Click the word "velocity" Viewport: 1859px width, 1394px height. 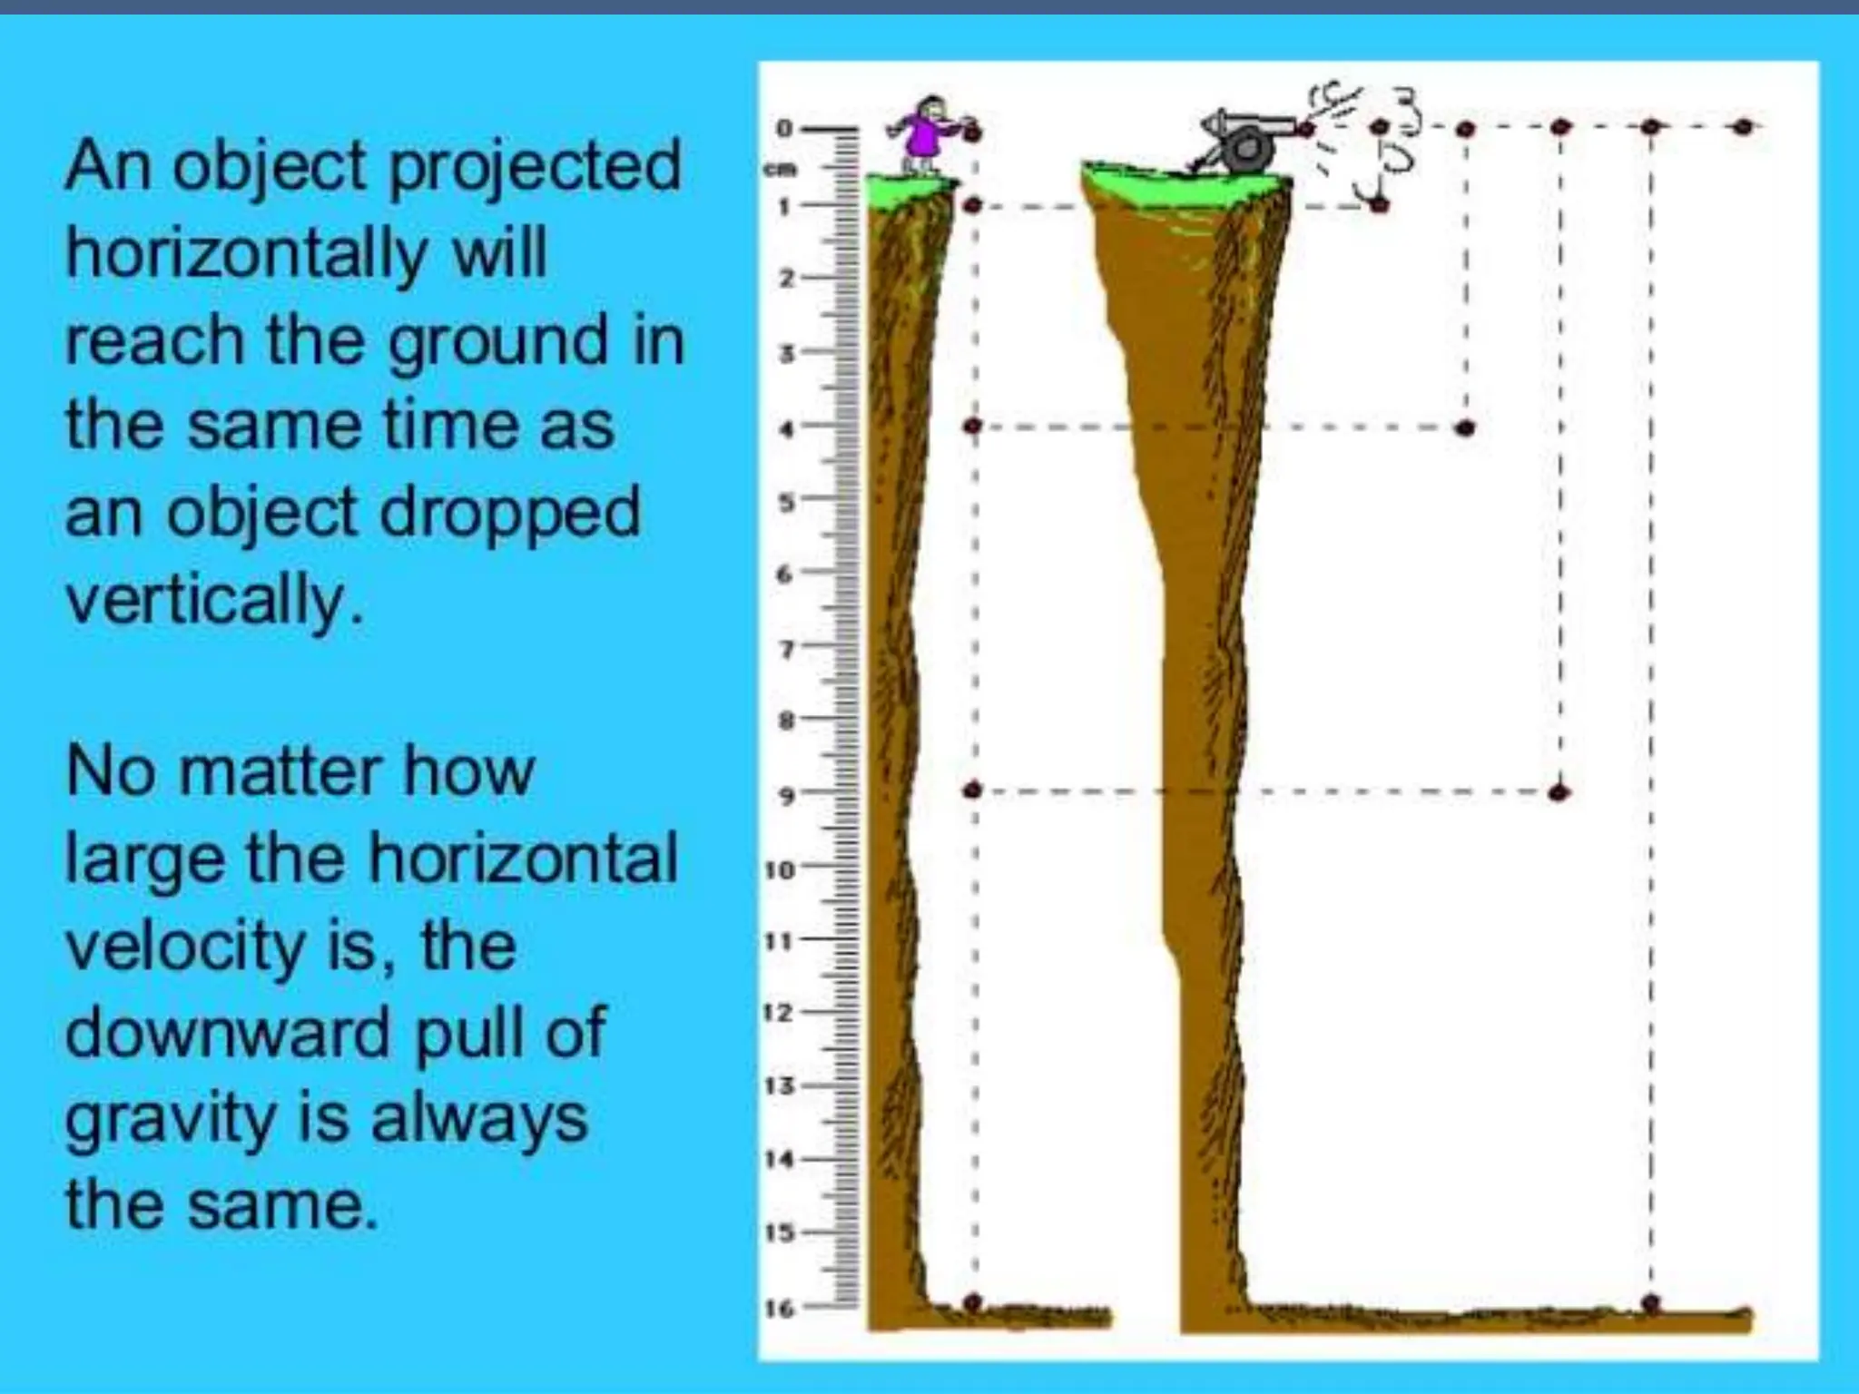(186, 946)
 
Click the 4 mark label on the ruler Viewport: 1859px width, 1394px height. (787, 428)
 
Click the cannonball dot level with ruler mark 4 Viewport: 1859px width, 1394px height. (1464, 427)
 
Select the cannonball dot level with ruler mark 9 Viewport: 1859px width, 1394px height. (1559, 792)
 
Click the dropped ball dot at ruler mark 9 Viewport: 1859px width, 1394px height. (972, 790)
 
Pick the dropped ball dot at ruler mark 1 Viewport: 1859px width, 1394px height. (972, 206)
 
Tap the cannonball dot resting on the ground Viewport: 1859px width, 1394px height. (1651, 1303)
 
